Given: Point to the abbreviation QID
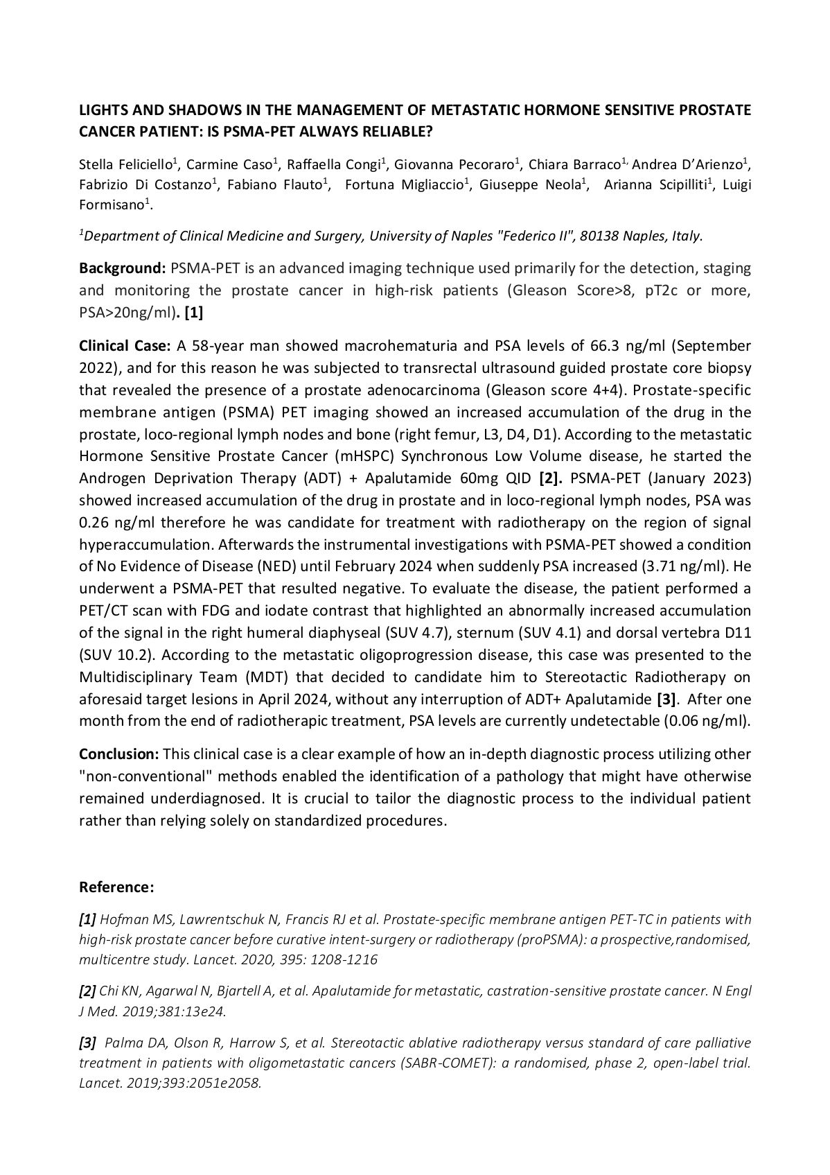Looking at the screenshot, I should tap(518, 478).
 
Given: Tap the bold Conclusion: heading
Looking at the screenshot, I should tap(119, 754).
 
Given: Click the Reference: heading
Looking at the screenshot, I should tap(116, 887).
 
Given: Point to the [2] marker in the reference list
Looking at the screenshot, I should tap(87, 991).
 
